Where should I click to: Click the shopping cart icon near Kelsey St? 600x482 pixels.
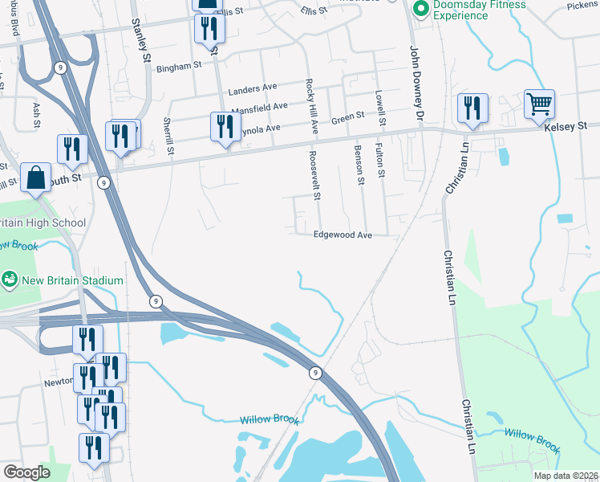coord(539,104)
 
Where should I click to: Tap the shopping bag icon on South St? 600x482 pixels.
coord(36,178)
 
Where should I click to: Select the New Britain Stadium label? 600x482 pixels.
coord(72,280)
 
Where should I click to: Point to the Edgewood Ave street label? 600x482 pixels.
coord(343,235)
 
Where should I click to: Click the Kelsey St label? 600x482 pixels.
coord(566,126)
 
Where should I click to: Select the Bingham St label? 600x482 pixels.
coord(178,67)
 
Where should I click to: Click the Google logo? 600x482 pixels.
coord(26,472)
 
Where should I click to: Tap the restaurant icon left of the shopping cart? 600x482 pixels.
coord(472,108)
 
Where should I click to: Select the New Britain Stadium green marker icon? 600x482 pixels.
coord(10,280)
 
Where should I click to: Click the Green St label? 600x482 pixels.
coord(348,118)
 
